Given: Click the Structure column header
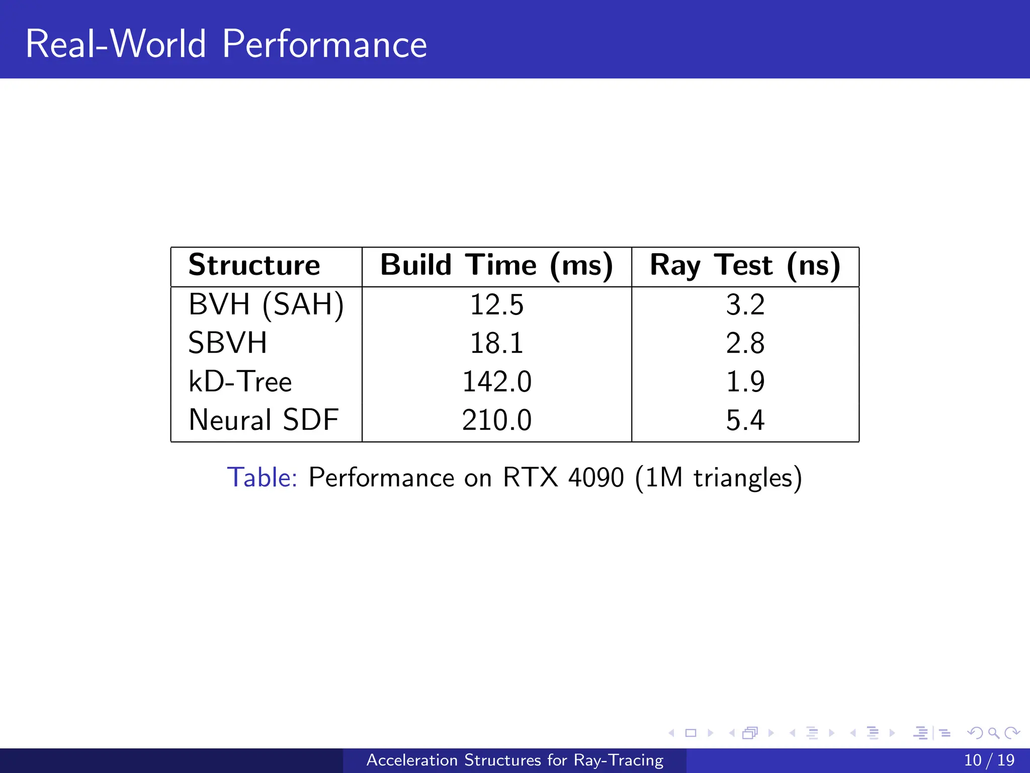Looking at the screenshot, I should pos(254,265).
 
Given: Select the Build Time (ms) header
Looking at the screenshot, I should pos(496,265).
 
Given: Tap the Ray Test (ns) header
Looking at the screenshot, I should pos(745,265).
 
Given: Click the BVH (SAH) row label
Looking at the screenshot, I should pos(266,304).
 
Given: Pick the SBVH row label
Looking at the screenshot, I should pos(227,343).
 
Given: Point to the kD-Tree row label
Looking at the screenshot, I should pos(240,381).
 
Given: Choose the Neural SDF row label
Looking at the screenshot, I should pos(264,420).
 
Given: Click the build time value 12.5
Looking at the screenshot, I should pos(496,305).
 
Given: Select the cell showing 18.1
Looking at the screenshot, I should pos(496,343).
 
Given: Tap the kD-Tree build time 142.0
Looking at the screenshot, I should pos(496,381).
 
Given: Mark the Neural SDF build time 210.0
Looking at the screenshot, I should pos(496,420).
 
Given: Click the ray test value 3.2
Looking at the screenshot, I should pos(745,305).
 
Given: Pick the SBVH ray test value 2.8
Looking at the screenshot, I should pos(745,343).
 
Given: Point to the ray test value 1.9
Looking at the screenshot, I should pos(745,381).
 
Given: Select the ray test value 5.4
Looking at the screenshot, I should pos(745,420).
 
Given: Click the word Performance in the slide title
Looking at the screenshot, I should pos(324,44).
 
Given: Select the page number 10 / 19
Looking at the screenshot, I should pos(989,760).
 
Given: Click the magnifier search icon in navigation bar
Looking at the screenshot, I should pos(993,733).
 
